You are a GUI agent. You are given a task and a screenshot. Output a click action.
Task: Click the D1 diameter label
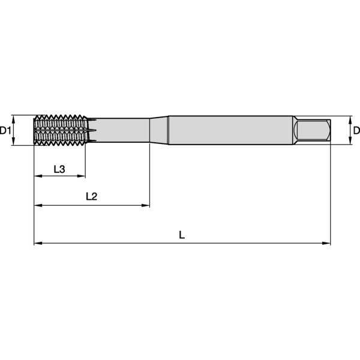pyautogui.click(x=5, y=130)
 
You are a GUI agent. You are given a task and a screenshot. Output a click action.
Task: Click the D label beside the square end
pyautogui.click(x=356, y=130)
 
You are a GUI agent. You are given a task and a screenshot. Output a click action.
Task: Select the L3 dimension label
pyautogui.click(x=59, y=169)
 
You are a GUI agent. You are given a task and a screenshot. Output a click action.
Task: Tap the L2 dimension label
pyautogui.click(x=91, y=196)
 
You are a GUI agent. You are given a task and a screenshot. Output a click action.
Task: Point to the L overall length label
pyautogui.click(x=182, y=235)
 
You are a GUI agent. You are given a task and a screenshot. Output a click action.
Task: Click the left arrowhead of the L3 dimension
pyautogui.click(x=37, y=176)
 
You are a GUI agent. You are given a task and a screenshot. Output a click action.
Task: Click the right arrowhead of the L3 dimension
pyautogui.click(x=82, y=176)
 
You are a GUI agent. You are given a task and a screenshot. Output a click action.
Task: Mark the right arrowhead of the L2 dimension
pyautogui.click(x=146, y=205)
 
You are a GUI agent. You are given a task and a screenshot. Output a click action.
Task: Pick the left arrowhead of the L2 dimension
pyautogui.click(x=37, y=205)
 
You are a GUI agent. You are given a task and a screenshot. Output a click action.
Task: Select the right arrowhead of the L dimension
pyautogui.click(x=327, y=243)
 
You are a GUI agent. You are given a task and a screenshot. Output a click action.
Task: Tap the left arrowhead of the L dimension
pyautogui.click(x=37, y=243)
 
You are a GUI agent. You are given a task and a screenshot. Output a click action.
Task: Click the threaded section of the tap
pyautogui.click(x=60, y=130)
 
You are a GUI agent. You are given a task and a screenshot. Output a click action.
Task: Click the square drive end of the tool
pyautogui.click(x=313, y=130)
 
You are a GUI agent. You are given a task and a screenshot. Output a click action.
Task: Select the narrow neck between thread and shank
pyautogui.click(x=120, y=130)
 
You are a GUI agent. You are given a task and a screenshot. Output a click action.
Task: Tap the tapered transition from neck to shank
pyautogui.click(x=158, y=130)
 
